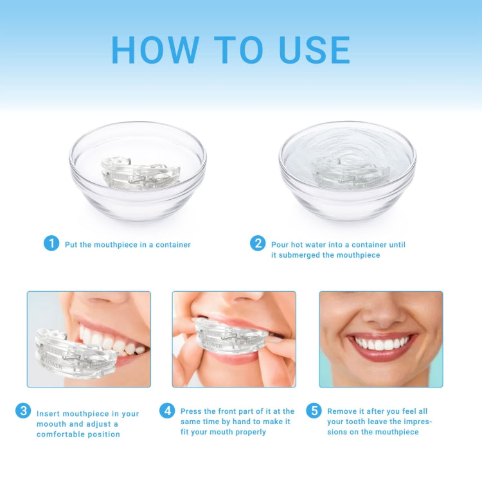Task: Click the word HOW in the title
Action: pos(154,49)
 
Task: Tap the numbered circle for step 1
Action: pos(51,244)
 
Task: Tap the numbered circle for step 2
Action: pos(258,244)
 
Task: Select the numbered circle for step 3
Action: pos(23,411)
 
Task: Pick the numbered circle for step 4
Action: pos(167,411)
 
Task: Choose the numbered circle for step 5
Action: pos(314,411)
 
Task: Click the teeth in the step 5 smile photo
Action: pos(382,344)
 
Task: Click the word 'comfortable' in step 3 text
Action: pos(61,434)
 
